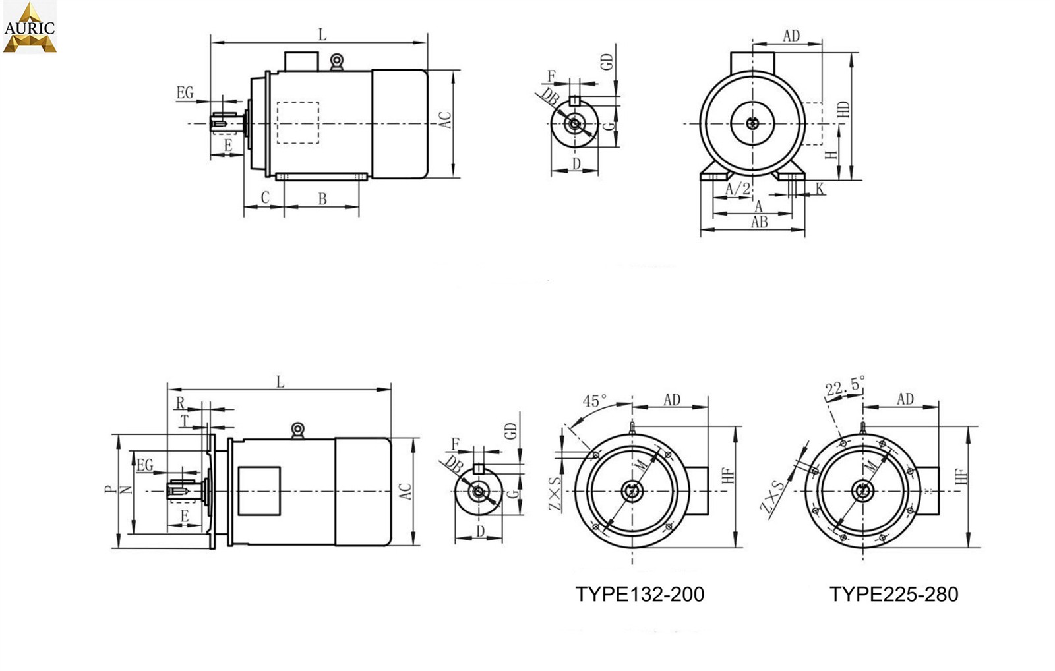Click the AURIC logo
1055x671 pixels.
pos(30,27)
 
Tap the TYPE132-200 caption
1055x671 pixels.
pos(640,595)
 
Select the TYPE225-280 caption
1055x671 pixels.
pos(893,595)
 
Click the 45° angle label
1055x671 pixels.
pos(594,401)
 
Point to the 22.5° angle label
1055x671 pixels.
pos(845,386)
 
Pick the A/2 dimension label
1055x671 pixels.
pos(738,189)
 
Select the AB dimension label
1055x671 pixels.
pos(759,221)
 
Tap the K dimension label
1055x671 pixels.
pos(820,189)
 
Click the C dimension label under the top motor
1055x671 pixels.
pos(265,197)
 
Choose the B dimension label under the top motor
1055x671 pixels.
pos(322,199)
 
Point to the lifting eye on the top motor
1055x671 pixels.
pos(336,62)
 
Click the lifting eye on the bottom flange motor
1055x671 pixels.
pos(297,431)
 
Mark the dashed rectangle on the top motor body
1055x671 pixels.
pos(297,123)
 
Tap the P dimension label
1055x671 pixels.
pos(109,490)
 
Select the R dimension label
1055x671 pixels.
pos(180,403)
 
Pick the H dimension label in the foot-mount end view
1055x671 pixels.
pos(831,154)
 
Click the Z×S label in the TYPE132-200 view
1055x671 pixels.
pos(555,494)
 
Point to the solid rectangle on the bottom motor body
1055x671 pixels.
pos(259,491)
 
